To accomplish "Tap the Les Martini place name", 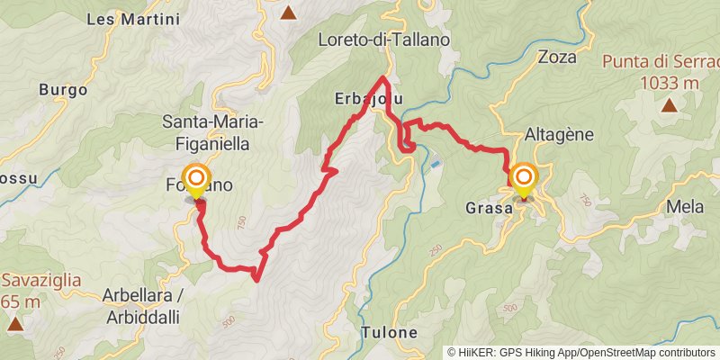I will pos(133,18).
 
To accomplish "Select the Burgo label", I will pos(63,90).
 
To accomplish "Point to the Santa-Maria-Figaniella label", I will pos(211,131).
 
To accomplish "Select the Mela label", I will pos(685,206).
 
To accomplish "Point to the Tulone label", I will pos(390,332).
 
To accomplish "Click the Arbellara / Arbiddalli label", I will pos(143,302).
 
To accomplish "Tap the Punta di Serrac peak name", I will pos(659,62).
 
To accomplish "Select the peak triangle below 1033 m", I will pos(670,105).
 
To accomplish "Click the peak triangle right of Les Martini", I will pos(288,13).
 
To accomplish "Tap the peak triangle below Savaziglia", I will pos(14,321).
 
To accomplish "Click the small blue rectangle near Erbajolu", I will pos(436,165).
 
